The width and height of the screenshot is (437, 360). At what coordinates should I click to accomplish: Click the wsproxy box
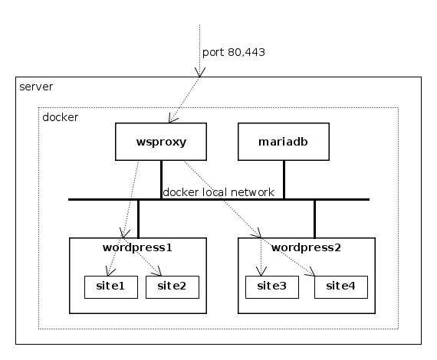(x=161, y=142)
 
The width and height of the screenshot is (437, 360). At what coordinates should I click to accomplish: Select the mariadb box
(x=284, y=142)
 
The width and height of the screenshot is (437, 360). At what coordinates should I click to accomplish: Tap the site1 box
(x=111, y=287)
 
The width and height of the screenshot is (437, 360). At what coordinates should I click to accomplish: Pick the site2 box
(x=172, y=287)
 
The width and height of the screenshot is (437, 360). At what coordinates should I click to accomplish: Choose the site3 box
(x=272, y=287)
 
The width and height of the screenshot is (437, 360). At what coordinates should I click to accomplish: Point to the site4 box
(x=341, y=287)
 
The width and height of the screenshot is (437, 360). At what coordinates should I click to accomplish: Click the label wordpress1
(x=137, y=247)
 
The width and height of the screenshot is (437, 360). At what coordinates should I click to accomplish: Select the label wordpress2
(x=306, y=247)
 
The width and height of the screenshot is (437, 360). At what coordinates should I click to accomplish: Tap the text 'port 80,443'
(x=234, y=52)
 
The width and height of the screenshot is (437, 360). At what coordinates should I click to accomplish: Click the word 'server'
(x=36, y=87)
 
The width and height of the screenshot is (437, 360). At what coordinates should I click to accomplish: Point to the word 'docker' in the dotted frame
(x=61, y=117)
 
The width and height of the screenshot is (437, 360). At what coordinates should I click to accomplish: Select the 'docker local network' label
(x=219, y=192)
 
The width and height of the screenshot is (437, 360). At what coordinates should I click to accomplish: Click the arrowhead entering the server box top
(x=199, y=73)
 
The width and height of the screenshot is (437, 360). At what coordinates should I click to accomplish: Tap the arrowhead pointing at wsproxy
(x=172, y=119)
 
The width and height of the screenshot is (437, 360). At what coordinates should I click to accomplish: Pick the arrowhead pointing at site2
(x=158, y=272)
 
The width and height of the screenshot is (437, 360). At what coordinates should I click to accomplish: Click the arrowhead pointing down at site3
(x=261, y=271)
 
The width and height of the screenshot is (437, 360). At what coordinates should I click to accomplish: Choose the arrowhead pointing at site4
(x=310, y=272)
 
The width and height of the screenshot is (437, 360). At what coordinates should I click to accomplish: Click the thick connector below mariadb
(x=284, y=180)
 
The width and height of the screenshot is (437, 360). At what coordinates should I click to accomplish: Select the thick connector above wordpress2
(x=314, y=219)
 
